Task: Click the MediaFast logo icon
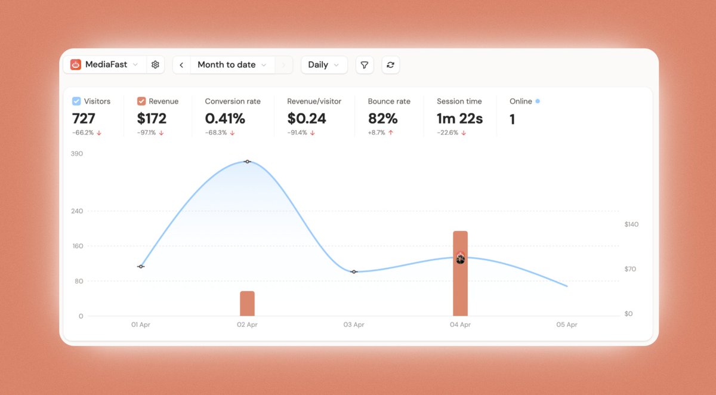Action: click(x=75, y=64)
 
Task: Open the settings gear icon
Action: click(x=155, y=64)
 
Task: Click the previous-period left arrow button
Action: click(x=181, y=65)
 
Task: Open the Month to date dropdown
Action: click(x=232, y=65)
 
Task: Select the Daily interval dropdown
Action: click(x=324, y=65)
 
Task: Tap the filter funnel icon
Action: click(x=365, y=65)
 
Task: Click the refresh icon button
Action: click(x=390, y=65)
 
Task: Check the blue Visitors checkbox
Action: click(x=76, y=101)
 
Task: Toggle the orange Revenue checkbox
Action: click(x=141, y=101)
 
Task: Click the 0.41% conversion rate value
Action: click(x=225, y=119)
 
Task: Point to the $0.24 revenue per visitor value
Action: click(x=307, y=119)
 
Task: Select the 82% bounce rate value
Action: click(x=382, y=119)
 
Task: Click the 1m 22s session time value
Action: click(x=459, y=119)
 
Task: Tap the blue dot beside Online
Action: click(x=538, y=101)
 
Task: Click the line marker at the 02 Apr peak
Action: click(x=247, y=162)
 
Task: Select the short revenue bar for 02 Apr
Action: click(x=247, y=304)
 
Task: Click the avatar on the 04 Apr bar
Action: click(x=460, y=258)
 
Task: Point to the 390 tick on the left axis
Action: click(x=77, y=154)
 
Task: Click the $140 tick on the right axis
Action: click(x=631, y=224)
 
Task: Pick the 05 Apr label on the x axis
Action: click(x=567, y=325)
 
